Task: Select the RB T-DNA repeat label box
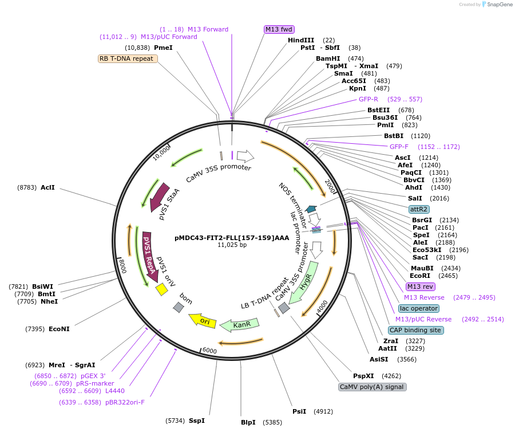[126, 58]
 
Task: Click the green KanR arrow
[240, 325]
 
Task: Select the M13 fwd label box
[279, 29]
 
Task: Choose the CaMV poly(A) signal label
[372, 387]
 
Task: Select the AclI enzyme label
[47, 187]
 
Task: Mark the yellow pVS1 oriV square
[161, 290]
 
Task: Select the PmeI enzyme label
[163, 48]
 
